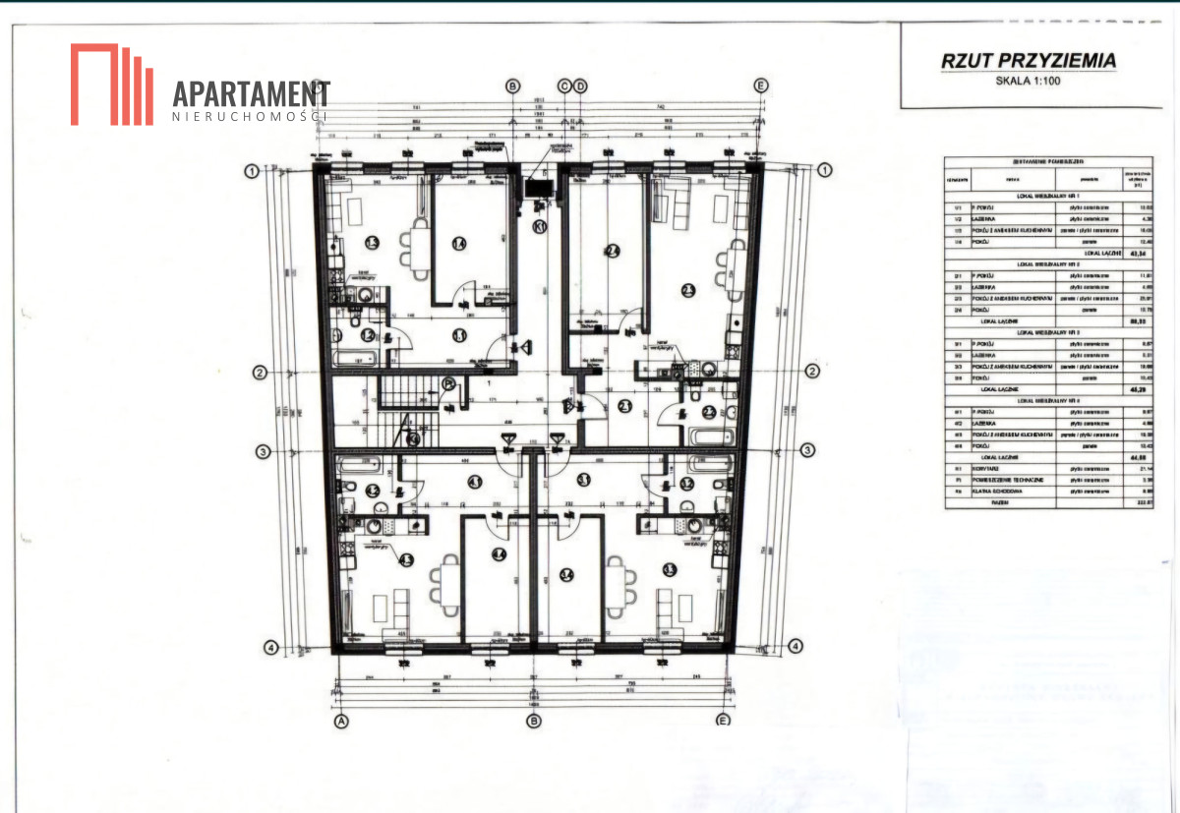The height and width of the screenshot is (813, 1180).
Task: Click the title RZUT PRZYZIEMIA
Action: (x=1029, y=61)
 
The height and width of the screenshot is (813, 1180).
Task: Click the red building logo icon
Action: (x=111, y=85)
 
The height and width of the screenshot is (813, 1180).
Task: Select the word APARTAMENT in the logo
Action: (x=251, y=94)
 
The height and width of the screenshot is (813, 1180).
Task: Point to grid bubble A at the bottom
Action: (x=342, y=721)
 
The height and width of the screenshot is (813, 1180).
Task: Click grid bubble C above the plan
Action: (x=564, y=87)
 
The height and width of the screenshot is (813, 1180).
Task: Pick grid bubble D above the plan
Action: (x=580, y=87)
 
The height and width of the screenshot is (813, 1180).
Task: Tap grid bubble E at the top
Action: (x=760, y=87)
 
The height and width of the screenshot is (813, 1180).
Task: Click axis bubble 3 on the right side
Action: (x=806, y=451)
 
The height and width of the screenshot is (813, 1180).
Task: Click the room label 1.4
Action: (x=458, y=244)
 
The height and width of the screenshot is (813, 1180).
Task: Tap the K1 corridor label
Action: (x=539, y=226)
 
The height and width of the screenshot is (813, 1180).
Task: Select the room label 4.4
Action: (x=500, y=555)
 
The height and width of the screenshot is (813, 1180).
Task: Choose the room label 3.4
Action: (x=566, y=576)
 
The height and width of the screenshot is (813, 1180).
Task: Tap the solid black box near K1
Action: (x=539, y=189)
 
